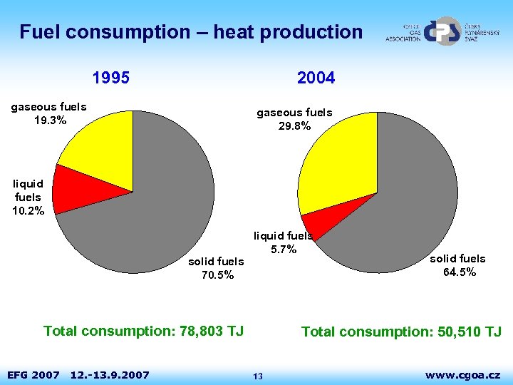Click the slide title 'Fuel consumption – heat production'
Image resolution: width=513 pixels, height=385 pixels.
191,32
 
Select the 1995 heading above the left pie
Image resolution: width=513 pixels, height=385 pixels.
111,78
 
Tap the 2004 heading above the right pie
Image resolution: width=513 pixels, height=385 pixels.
316,78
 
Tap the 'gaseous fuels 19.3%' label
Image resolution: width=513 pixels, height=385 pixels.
49,113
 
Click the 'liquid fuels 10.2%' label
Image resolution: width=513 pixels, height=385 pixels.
28,197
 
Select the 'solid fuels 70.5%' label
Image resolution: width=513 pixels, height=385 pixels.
216,268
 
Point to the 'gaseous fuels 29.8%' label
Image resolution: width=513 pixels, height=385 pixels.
294,119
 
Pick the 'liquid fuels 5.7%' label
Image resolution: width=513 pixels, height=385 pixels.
283,242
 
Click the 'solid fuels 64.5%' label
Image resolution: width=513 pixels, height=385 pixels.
457,265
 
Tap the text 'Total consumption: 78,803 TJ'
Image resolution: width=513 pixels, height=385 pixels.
143,331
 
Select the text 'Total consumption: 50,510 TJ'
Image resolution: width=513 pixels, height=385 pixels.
401,332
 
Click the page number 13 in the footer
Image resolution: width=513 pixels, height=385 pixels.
258,376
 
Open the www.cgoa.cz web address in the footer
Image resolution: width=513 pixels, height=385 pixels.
462,374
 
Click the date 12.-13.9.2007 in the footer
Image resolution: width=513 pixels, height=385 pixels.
110,375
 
